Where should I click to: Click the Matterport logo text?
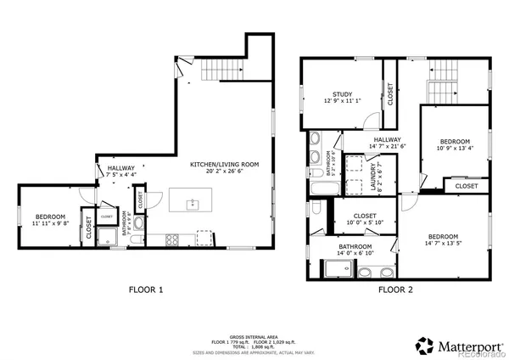pos(467,346)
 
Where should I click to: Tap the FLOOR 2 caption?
pos(394,290)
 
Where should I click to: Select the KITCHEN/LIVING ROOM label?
pos(225,164)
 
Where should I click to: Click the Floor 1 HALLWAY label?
pos(120,168)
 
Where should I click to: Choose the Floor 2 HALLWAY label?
pos(386,140)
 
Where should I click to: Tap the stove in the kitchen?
pos(173,239)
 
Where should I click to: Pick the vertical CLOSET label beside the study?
pos(390,94)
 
